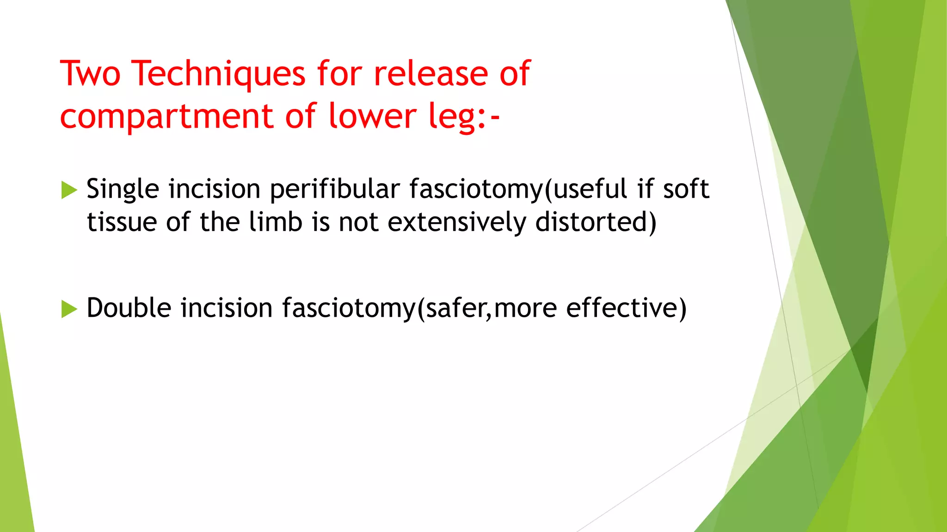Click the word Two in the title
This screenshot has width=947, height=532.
(x=91, y=73)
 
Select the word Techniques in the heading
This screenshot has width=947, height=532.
(x=218, y=73)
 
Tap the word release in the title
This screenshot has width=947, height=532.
(x=430, y=73)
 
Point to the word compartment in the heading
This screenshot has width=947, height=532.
(x=167, y=116)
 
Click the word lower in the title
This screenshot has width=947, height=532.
(x=373, y=116)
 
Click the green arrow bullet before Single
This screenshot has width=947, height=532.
(x=69, y=190)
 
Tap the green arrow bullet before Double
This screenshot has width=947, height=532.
(x=69, y=309)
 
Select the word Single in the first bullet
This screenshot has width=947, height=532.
(x=123, y=189)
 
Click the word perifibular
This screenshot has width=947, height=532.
(x=335, y=189)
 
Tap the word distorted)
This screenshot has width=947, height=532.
(x=596, y=222)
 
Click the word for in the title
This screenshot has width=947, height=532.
(x=340, y=73)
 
